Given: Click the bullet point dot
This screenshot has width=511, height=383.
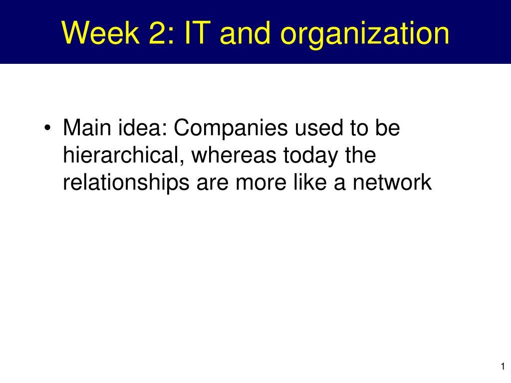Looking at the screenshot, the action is pyautogui.click(x=47, y=128).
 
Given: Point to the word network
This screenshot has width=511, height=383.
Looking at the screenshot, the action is pyautogui.click(x=392, y=182).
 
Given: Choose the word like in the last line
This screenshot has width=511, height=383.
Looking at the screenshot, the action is pyautogui.click(x=310, y=182).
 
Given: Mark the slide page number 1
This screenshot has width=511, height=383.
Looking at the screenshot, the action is pyautogui.click(x=503, y=366).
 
